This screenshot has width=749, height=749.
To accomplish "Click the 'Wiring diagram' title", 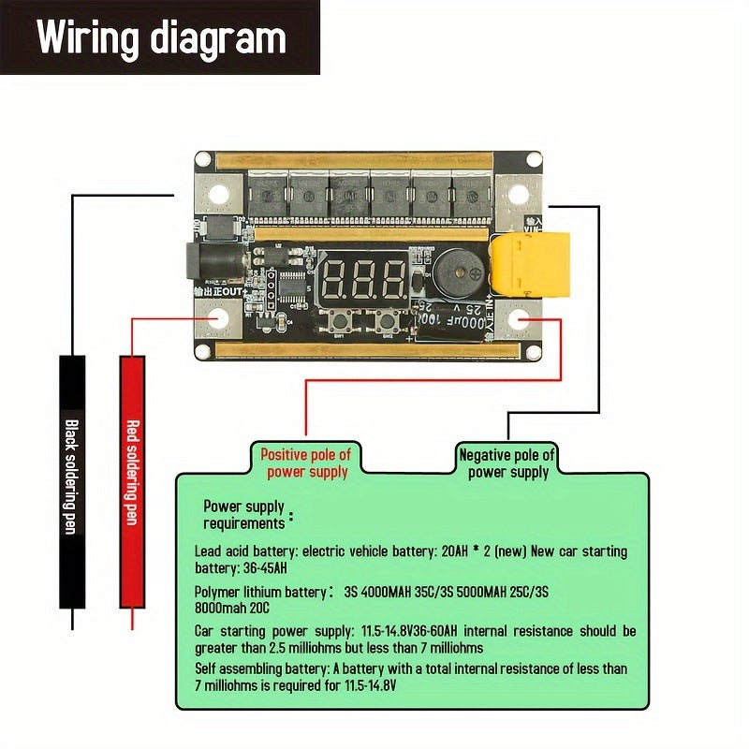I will click(x=161, y=38).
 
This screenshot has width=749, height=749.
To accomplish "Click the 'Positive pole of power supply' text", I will click(x=305, y=463).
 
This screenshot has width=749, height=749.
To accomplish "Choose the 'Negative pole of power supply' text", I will click(x=507, y=463).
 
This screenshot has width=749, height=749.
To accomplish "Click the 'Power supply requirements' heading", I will click(x=243, y=515).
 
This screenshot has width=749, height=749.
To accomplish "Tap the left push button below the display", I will click(x=341, y=322).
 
